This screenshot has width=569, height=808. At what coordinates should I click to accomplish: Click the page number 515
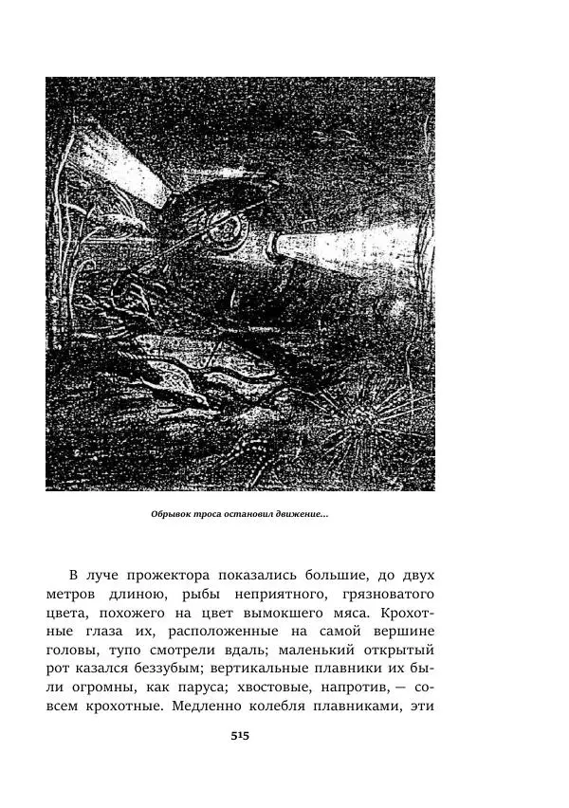(x=239, y=735)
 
